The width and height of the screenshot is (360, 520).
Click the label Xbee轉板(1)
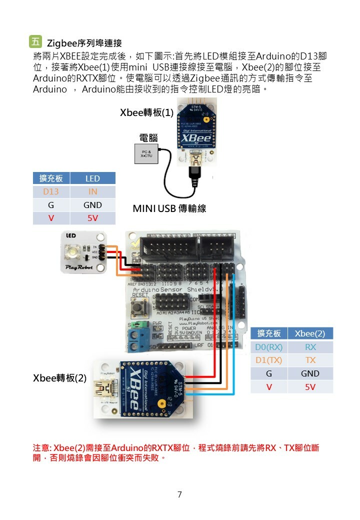(146, 113)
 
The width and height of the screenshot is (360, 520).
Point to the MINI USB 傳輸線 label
(169, 208)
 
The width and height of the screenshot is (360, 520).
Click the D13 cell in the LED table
(51, 191)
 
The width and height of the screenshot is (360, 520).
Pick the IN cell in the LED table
(92, 191)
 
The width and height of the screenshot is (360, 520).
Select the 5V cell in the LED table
(92, 218)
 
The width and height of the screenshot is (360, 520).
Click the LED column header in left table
(92, 178)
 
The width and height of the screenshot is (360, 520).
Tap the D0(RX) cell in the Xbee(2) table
(269, 347)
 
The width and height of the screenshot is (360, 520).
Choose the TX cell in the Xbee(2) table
(310, 360)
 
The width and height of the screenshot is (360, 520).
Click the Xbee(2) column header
(310, 333)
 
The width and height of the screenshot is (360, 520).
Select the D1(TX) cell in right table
(269, 360)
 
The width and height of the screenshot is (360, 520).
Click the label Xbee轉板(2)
(59, 378)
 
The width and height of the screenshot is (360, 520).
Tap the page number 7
(179, 495)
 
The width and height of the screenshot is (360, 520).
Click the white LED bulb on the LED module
(74, 251)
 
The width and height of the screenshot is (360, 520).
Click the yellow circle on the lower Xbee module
(161, 403)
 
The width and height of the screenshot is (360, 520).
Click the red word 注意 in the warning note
(41, 447)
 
